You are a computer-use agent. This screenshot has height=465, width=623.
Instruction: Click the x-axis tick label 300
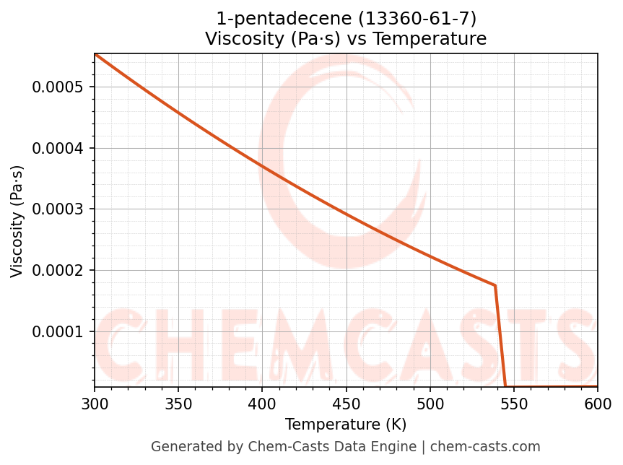[x=95, y=403]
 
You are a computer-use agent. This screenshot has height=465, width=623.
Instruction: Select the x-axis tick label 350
[x=178, y=403]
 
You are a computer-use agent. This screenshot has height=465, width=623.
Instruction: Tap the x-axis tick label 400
[x=262, y=403]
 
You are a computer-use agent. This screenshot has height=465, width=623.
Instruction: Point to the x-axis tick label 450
[x=346, y=403]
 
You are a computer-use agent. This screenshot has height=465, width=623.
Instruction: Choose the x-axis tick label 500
[x=430, y=403]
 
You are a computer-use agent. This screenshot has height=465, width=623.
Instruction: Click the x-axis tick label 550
[x=514, y=403]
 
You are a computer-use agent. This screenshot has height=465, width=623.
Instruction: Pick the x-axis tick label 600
[x=598, y=403]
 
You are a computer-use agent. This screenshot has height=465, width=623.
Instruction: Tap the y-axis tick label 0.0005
[x=58, y=87]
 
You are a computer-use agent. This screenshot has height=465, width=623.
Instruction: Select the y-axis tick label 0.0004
[x=58, y=149]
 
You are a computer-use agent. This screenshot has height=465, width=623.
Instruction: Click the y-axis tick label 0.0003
[x=58, y=209]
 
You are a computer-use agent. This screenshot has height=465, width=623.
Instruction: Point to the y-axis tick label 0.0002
[x=58, y=271]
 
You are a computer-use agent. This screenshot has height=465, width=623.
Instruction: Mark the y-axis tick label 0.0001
[x=58, y=332]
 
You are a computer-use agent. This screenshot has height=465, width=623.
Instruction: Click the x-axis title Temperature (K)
[x=346, y=425]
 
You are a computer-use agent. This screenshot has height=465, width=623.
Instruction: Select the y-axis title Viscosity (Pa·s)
[x=17, y=221]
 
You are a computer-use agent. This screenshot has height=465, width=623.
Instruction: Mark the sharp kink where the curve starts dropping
[x=495, y=285]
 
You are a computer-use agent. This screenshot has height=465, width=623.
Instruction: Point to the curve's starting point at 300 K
[x=95, y=54]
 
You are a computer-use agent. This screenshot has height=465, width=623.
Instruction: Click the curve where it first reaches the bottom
[x=505, y=386]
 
